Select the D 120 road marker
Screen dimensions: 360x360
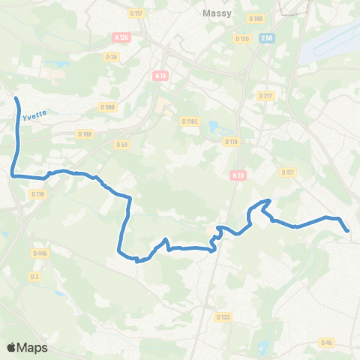pos(241,37)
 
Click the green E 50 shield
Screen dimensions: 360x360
pos(267,37)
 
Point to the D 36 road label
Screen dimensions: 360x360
pos(112,57)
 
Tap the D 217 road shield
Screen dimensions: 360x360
pos(265,96)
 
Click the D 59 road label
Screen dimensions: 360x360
pos(121,143)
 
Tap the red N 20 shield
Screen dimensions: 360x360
pos(237,176)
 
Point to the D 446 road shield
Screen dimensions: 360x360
pos(40,253)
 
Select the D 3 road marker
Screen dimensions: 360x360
pos(34,277)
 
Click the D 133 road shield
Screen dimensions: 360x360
pos(223,317)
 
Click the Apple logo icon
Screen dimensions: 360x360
pos(12,347)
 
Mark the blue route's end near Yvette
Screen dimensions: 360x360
pos(16,98)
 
